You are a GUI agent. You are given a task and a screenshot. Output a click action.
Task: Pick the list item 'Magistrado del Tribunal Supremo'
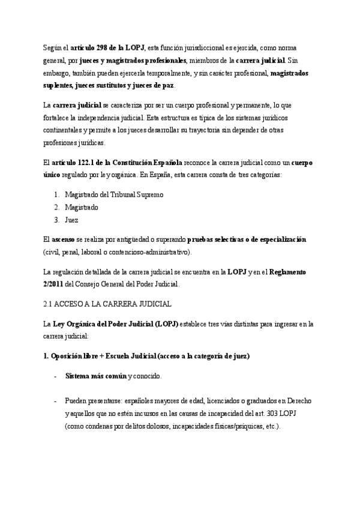click(x=114, y=194)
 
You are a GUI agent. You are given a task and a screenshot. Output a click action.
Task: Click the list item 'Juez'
click(x=71, y=220)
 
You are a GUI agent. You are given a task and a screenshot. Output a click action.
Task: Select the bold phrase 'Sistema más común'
click(x=96, y=376)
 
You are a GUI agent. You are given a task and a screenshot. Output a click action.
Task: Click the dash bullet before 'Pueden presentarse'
click(x=55, y=400)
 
